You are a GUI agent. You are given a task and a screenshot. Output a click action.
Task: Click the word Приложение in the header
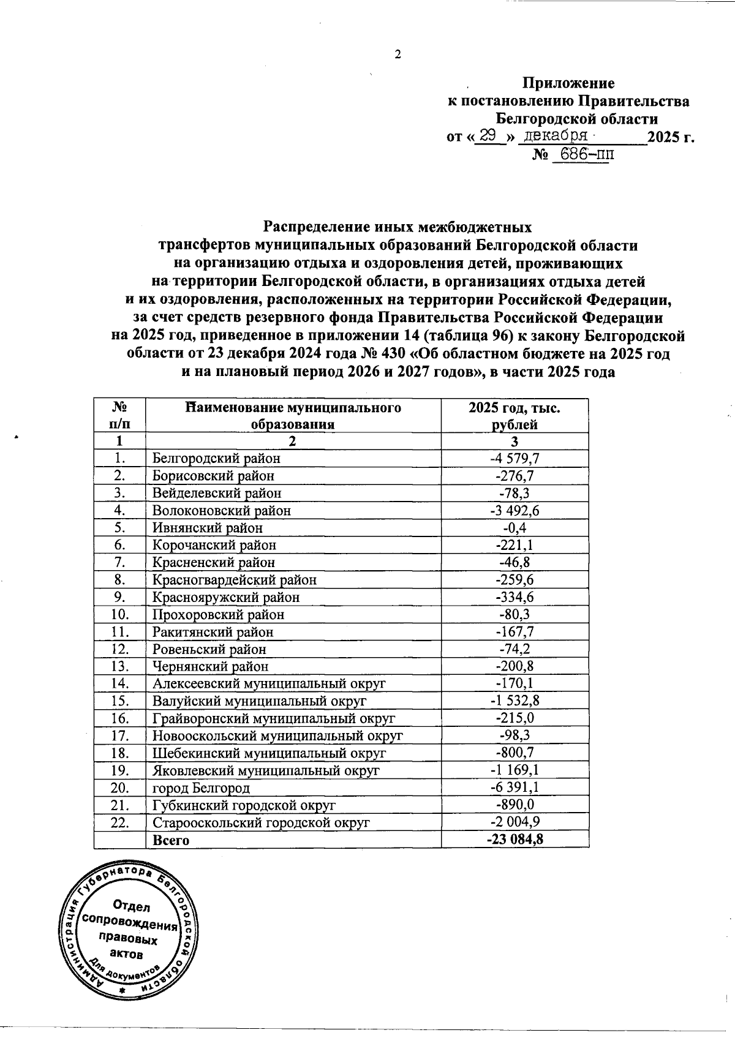pyautogui.click(x=568, y=83)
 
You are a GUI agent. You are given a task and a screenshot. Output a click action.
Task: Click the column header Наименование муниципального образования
pyautogui.click(x=293, y=415)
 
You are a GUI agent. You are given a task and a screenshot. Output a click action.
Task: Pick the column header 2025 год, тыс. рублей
pyautogui.click(x=514, y=415)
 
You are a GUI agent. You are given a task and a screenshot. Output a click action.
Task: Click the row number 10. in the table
pyautogui.click(x=119, y=614)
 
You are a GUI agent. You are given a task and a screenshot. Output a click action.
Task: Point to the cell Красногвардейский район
pyautogui.click(x=235, y=579)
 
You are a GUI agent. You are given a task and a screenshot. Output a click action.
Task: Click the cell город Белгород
pyautogui.click(x=201, y=788)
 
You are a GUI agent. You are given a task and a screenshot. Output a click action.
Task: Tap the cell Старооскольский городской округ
pyautogui.click(x=261, y=822)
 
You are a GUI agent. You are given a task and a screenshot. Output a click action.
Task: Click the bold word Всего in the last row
pyautogui.click(x=171, y=840)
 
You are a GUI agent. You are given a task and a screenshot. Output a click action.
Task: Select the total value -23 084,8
pyautogui.click(x=514, y=840)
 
